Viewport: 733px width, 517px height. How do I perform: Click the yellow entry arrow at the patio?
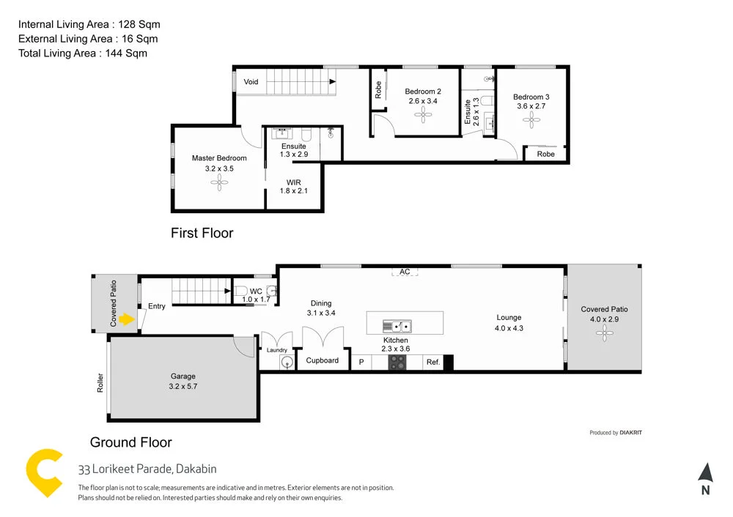click(x=128, y=319)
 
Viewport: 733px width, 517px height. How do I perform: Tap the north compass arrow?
click(x=705, y=473)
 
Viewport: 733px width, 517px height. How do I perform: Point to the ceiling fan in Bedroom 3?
click(x=531, y=119)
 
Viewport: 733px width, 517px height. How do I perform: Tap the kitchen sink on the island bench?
click(x=397, y=325)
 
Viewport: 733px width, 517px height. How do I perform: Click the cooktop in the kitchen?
click(x=397, y=362)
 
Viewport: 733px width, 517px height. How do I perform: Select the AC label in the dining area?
click(x=405, y=272)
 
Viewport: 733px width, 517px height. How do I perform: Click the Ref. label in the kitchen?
click(x=432, y=362)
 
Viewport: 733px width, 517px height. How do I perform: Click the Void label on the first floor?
click(x=251, y=82)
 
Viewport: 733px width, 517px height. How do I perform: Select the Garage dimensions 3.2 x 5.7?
click(x=184, y=387)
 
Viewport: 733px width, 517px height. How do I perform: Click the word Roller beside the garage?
click(x=100, y=383)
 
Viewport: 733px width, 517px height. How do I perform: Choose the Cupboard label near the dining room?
click(x=322, y=360)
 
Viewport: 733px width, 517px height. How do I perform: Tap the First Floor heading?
click(x=202, y=233)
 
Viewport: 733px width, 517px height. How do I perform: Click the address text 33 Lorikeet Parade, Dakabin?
click(x=147, y=469)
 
